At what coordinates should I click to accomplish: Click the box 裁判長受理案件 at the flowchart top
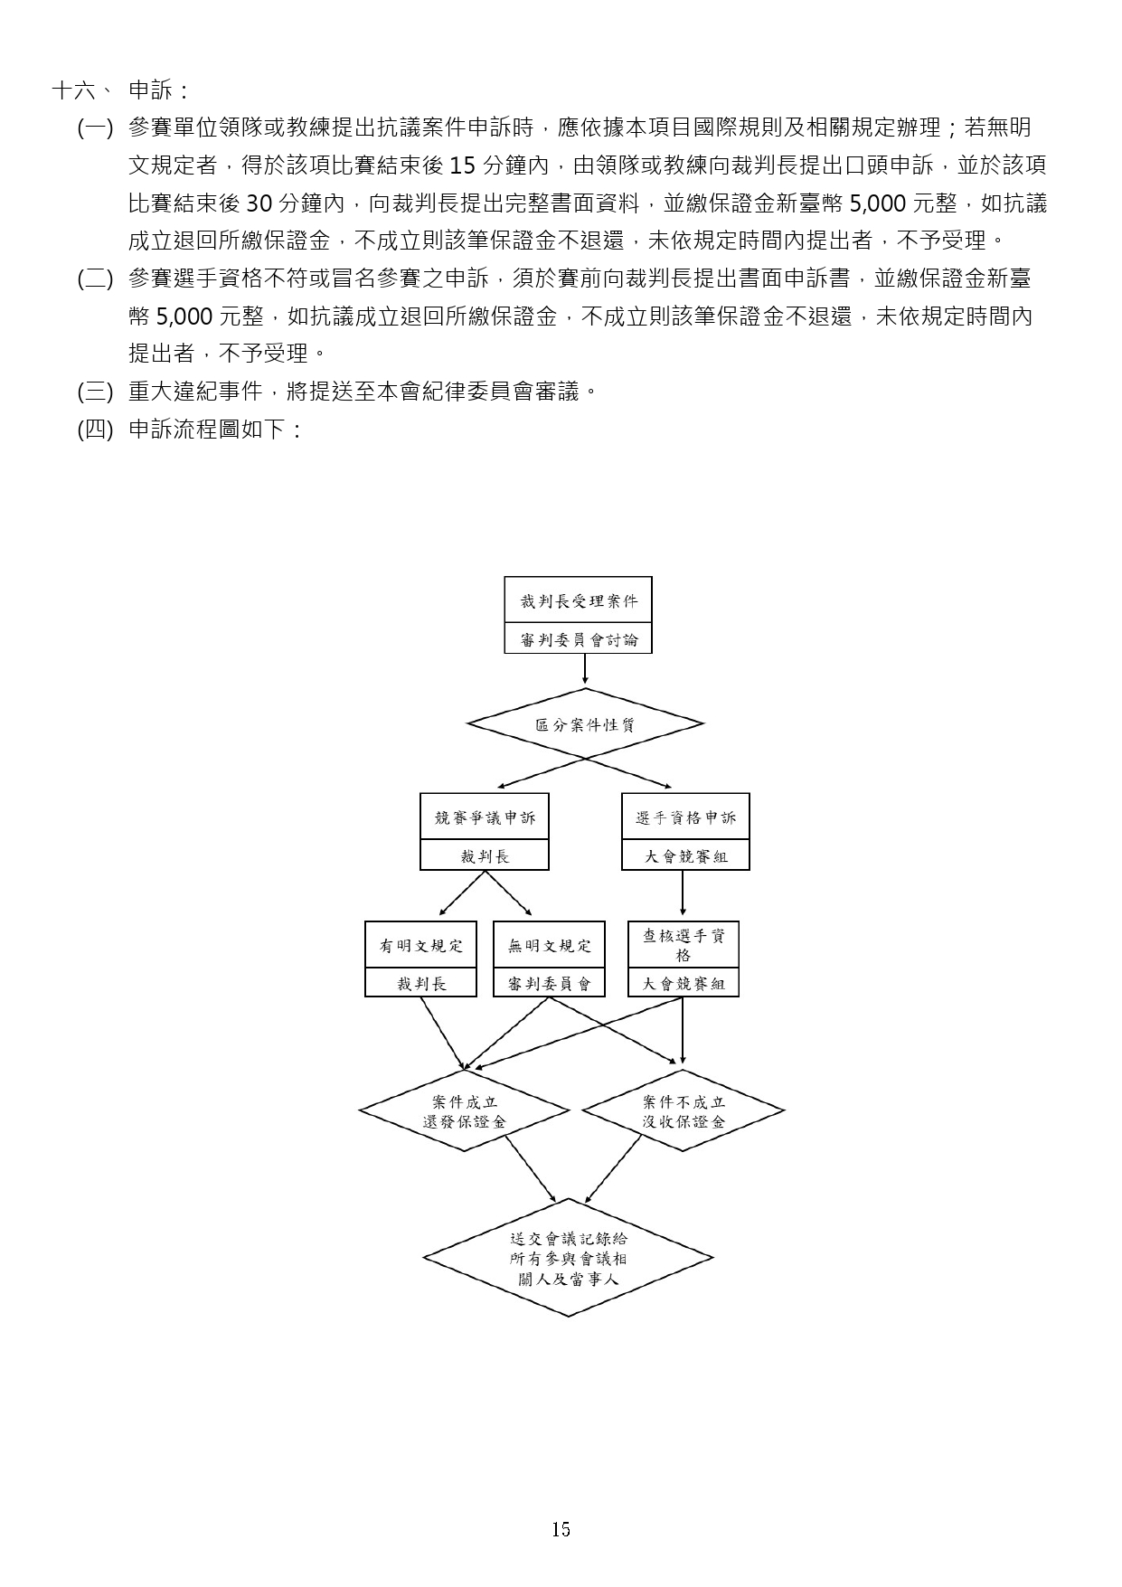pos(578,600)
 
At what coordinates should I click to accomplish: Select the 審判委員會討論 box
pos(578,639)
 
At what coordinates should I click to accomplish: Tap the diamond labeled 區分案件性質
pos(584,724)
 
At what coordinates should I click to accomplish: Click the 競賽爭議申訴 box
pos(485,817)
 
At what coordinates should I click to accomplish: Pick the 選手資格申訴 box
pos(685,817)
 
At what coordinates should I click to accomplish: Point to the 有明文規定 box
pos(420,946)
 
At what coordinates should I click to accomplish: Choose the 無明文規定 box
pos(549,946)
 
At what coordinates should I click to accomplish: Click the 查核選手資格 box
pos(684,945)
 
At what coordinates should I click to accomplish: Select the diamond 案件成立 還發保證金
pos(465,1111)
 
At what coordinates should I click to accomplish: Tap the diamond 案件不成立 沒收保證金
pos(684,1111)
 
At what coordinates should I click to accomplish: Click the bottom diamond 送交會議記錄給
pos(568,1258)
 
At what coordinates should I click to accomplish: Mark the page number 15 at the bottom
pos(561,1529)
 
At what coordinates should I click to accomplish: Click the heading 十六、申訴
pos(121,90)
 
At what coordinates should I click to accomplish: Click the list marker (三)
pos(95,392)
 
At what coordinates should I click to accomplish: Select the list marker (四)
pos(95,430)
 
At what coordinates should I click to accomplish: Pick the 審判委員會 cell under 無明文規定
pos(549,984)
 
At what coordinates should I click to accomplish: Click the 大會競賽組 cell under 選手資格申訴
pos(685,855)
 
